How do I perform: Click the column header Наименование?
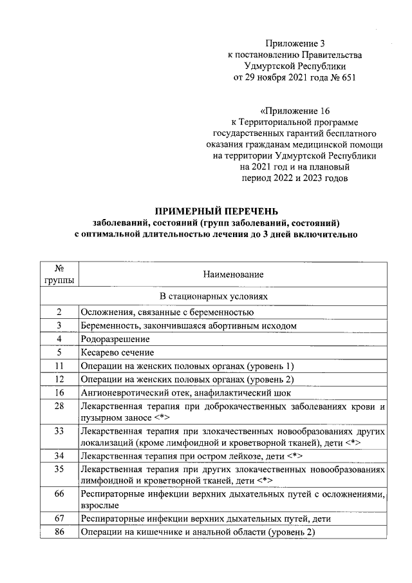pos(233,274)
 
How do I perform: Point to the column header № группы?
pos(59,274)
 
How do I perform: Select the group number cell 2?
pos(59,312)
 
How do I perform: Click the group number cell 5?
pos(59,352)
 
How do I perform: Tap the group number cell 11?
pos(59,366)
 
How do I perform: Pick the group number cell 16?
pos(59,392)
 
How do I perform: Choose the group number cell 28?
pos(59,406)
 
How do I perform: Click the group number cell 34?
pos(59,455)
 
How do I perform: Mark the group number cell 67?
pos(59,519)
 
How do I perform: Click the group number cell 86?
pos(59,532)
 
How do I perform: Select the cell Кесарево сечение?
pos(117,352)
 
